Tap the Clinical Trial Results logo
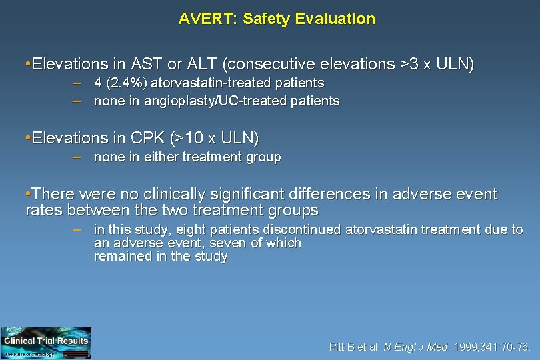pos(46,343)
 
